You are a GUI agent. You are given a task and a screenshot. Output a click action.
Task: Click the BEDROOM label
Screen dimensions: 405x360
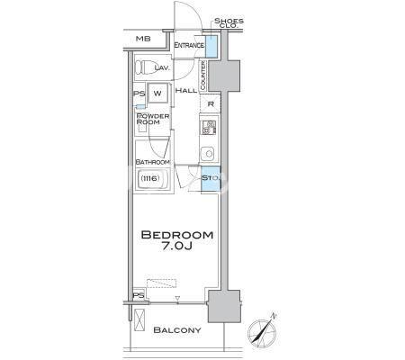(x=177, y=235)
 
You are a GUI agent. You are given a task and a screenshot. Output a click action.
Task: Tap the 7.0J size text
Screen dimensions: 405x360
(x=177, y=246)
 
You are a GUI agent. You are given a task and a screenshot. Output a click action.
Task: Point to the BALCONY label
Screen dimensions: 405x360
(x=177, y=330)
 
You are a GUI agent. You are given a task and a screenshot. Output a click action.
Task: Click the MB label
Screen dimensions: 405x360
(x=143, y=39)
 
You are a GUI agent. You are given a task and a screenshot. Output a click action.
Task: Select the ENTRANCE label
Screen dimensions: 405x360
(x=189, y=45)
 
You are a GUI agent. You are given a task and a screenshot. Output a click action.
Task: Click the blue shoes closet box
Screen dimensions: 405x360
(x=211, y=47)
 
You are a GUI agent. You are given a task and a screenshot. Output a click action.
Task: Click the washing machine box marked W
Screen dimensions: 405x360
(x=157, y=93)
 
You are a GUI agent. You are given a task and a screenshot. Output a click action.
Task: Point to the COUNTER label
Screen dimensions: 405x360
(x=202, y=75)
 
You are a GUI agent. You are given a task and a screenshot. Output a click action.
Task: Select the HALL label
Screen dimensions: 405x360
(x=186, y=90)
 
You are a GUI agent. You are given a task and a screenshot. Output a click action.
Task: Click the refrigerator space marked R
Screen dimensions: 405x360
(x=211, y=104)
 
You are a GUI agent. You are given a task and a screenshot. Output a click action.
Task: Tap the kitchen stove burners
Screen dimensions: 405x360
(x=209, y=127)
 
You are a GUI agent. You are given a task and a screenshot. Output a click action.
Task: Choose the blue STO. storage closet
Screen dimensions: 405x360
(x=211, y=179)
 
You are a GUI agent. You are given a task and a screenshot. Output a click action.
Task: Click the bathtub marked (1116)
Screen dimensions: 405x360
(x=152, y=178)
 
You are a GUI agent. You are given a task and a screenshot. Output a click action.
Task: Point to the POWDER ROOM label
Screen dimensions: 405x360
(x=153, y=119)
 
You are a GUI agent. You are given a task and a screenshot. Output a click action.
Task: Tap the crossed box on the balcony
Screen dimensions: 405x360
(x=139, y=319)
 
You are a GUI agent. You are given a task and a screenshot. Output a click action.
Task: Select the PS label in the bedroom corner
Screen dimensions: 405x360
(x=139, y=295)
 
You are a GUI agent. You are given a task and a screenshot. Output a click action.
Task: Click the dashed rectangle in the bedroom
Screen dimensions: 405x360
(x=161, y=283)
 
